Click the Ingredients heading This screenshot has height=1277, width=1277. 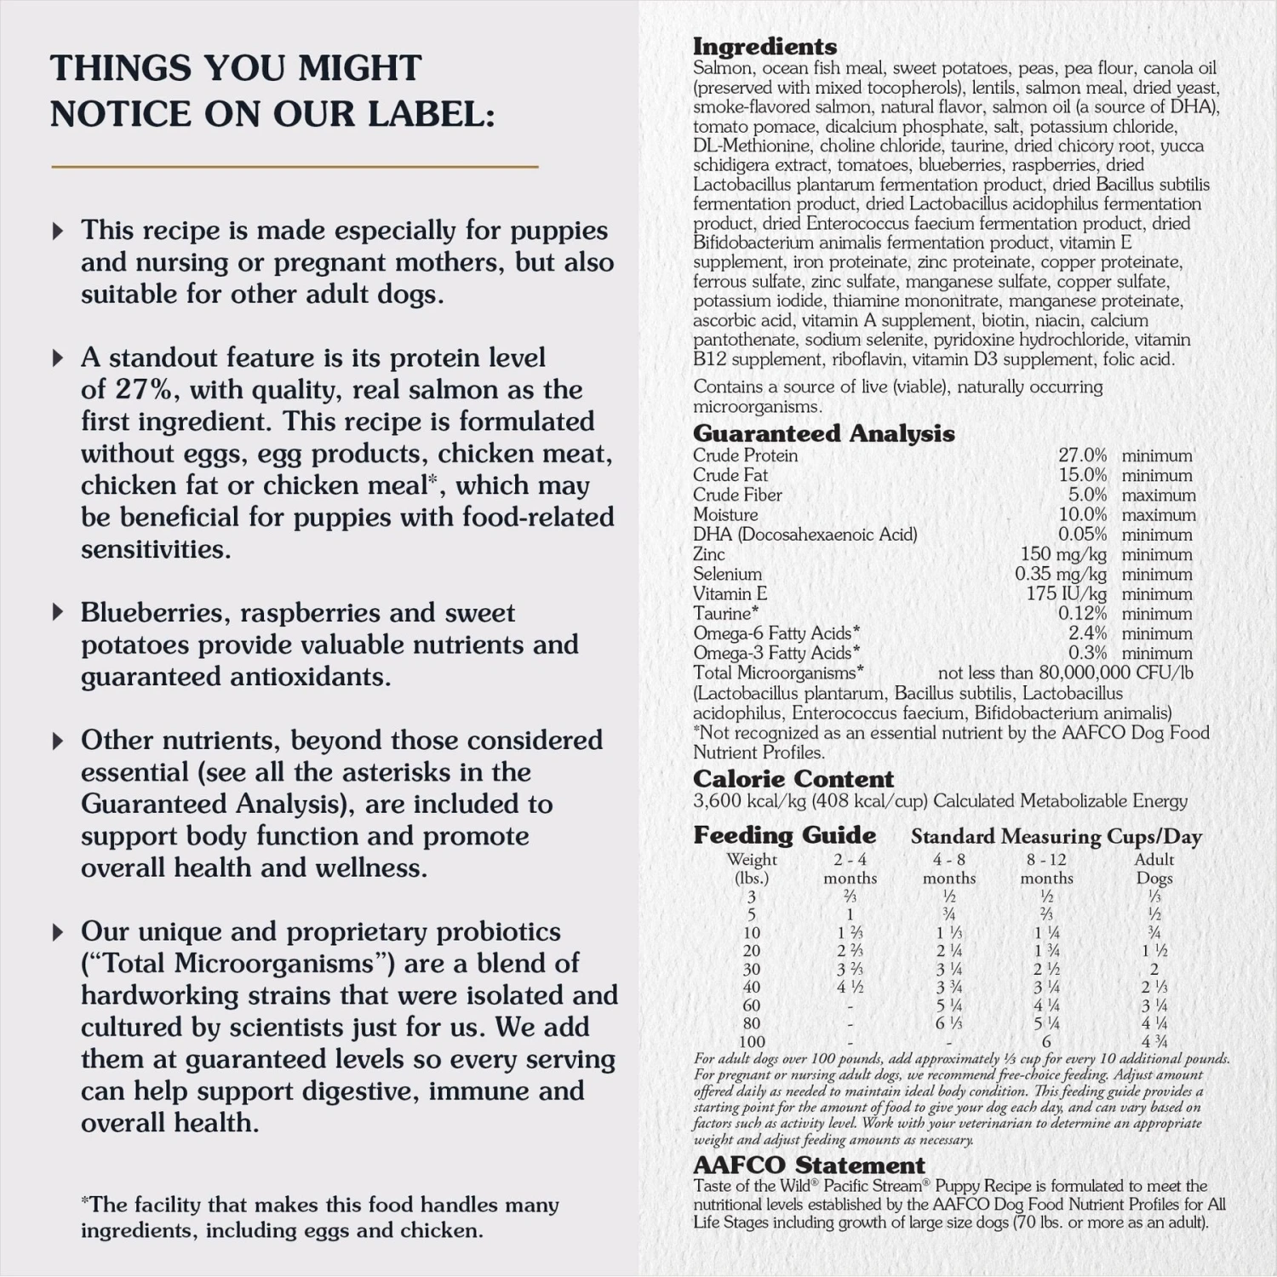pyautogui.click(x=764, y=47)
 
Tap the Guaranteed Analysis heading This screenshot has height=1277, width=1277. pyautogui.click(x=823, y=433)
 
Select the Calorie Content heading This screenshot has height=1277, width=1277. pyautogui.click(x=793, y=779)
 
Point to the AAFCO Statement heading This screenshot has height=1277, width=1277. pyautogui.click(x=808, y=1165)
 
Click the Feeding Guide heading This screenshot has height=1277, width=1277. pyautogui.click(x=784, y=835)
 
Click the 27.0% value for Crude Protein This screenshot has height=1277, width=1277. pyautogui.click(x=1082, y=455)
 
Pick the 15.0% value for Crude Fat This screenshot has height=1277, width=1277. pyautogui.click(x=1082, y=475)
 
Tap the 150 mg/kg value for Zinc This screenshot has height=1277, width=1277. pyautogui.click(x=1063, y=554)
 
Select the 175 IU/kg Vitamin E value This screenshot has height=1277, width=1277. pyautogui.click(x=1066, y=593)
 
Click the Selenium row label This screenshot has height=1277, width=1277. pyautogui.click(x=727, y=574)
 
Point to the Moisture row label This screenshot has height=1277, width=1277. pyautogui.click(x=724, y=514)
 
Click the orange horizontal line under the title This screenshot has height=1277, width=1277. pyautogui.click(x=295, y=167)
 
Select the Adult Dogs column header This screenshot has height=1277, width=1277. pyautogui.click(x=1154, y=868)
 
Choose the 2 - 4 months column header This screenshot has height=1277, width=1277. pyautogui.click(x=850, y=868)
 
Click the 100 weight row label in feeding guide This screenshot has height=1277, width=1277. pyautogui.click(x=751, y=1041)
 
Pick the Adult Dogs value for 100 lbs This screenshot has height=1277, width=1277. pyautogui.click(x=1154, y=1041)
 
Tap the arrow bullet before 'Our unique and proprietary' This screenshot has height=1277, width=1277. pyautogui.click(x=58, y=932)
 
